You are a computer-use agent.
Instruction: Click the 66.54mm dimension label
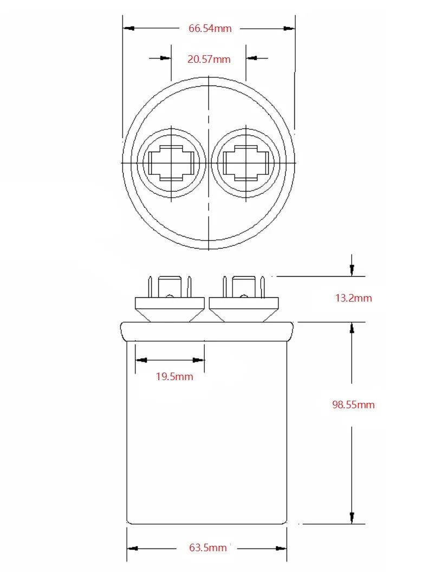pos(210,28)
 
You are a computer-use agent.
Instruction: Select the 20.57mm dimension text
pos(209,59)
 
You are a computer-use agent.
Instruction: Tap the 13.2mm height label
pos(353,298)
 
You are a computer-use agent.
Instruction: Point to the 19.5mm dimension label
pos(174,376)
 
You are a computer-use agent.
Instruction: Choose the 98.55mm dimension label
pos(353,404)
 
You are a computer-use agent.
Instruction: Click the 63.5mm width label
pos(208,547)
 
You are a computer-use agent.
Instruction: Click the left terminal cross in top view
pos(171,163)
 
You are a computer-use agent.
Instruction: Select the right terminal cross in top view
pos(246,163)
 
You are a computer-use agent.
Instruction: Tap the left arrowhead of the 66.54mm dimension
pos(128,28)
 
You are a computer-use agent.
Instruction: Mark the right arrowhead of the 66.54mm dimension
pos(289,28)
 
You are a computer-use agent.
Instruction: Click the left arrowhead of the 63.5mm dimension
pos(133,549)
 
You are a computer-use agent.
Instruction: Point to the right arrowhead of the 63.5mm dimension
pos(281,549)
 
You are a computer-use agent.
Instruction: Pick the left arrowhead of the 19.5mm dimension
pos(141,360)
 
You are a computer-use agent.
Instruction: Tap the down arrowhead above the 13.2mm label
pos(352,270)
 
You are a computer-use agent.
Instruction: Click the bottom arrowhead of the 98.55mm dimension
pos(352,518)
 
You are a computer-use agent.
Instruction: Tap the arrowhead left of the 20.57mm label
pos(165,58)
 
